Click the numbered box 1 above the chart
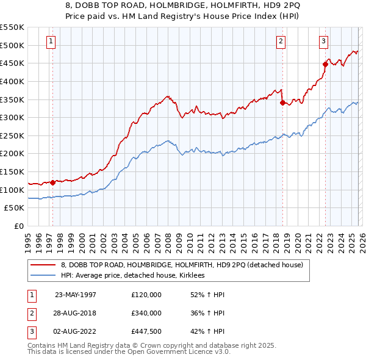[50, 41]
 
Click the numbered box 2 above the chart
[281, 41]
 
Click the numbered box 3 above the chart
[323, 41]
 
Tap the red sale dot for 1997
[53, 182]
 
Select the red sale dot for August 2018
[282, 103]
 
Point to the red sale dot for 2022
[325, 63]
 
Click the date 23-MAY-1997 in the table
[75, 294]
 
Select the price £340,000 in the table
[146, 313]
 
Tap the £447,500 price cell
[146, 332]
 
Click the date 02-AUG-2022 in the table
[75, 332]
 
